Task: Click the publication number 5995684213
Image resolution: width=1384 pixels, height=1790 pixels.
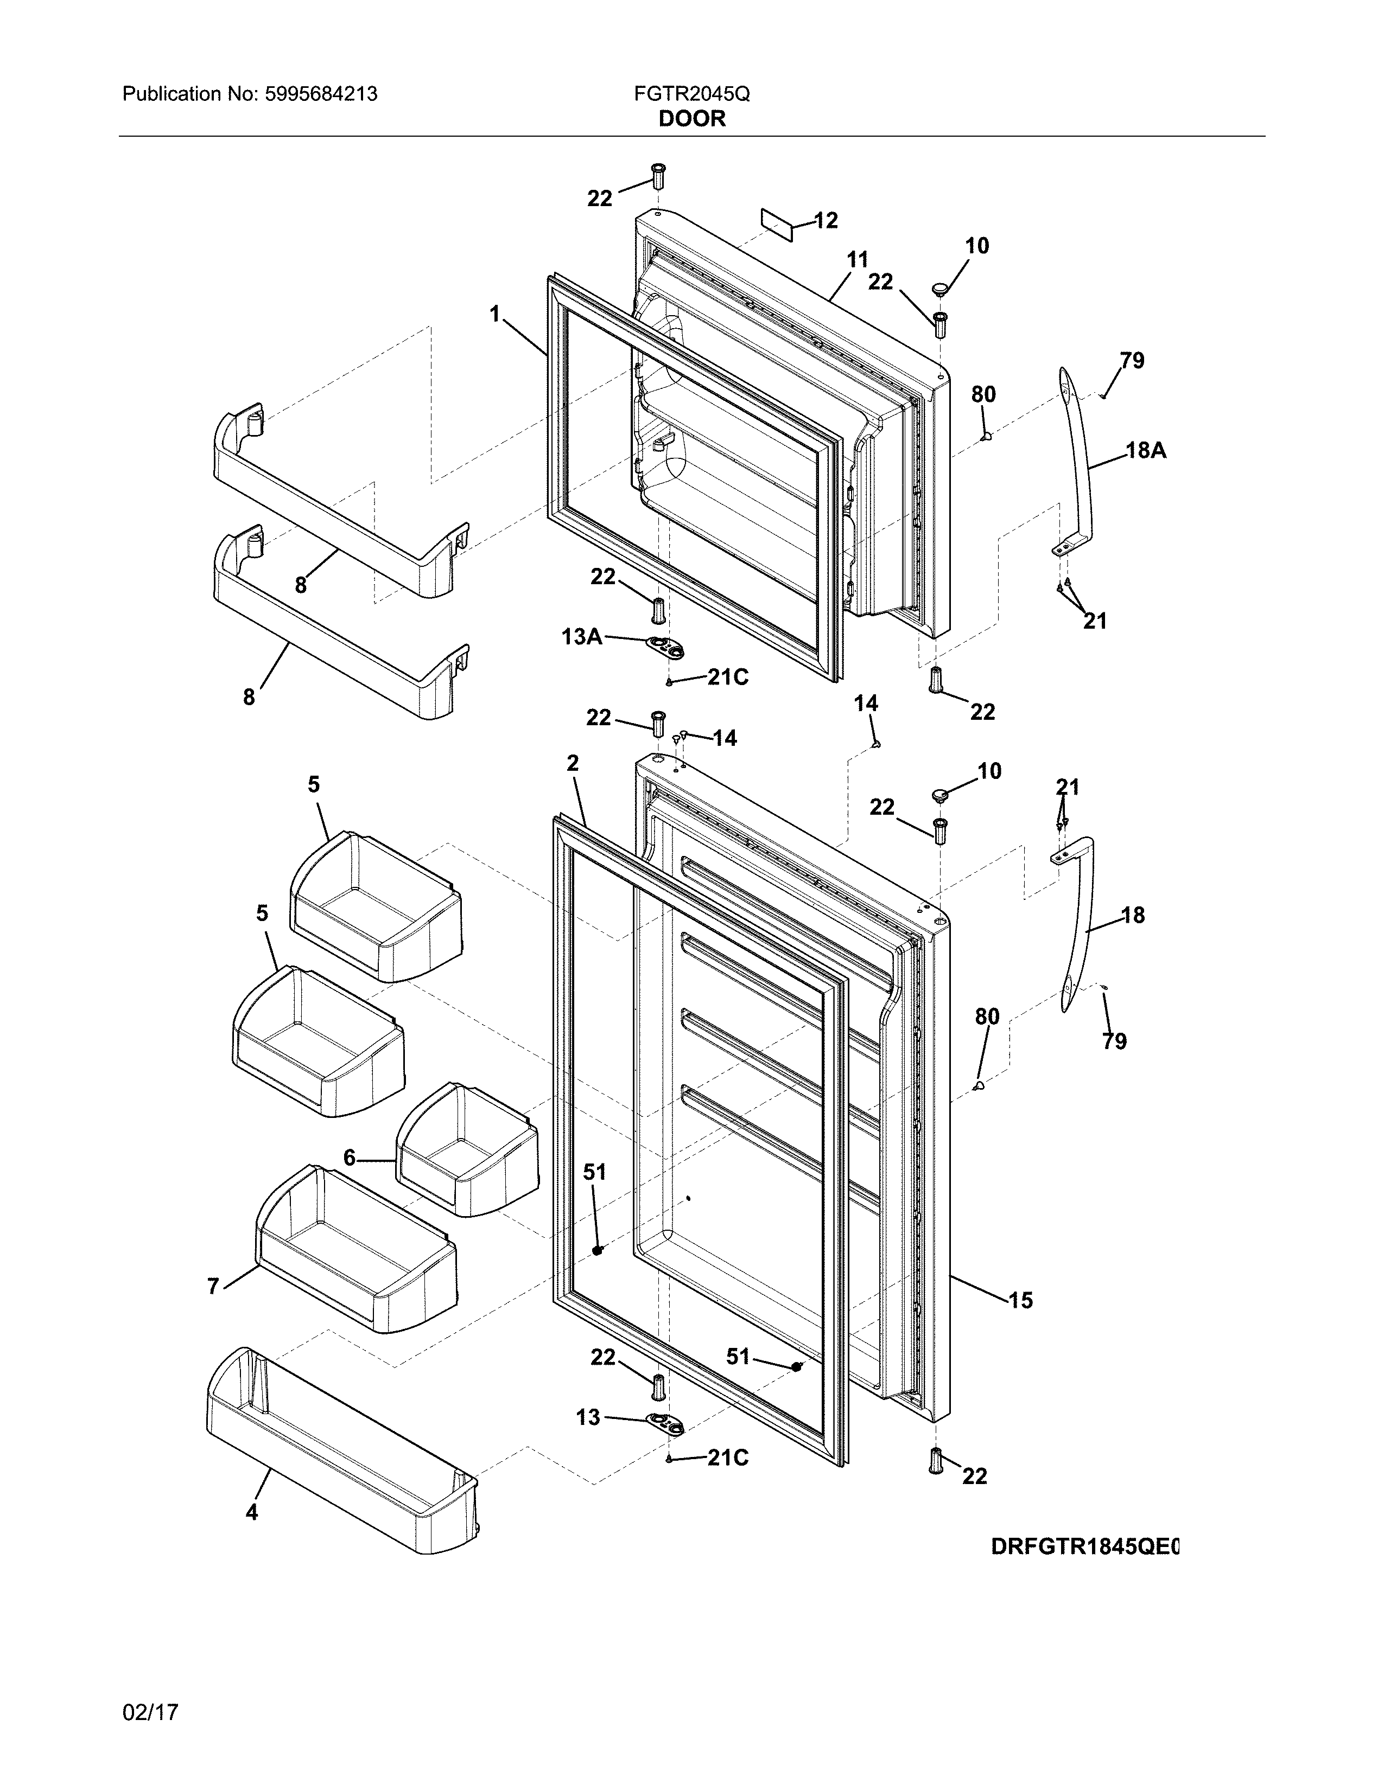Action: [x=321, y=94]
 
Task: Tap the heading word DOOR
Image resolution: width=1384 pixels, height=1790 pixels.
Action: [x=692, y=119]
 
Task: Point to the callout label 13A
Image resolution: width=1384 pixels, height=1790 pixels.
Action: [x=582, y=636]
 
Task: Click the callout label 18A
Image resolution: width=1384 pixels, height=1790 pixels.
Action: [x=1145, y=450]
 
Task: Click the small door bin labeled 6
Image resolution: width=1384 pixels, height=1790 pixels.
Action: [x=467, y=1147]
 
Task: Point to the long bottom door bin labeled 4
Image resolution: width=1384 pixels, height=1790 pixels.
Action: [x=340, y=1450]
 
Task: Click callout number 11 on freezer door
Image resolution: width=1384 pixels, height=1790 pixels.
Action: [x=857, y=260]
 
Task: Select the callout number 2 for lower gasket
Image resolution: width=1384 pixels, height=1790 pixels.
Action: [x=572, y=763]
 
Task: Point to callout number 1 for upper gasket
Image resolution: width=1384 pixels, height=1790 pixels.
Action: [x=494, y=314]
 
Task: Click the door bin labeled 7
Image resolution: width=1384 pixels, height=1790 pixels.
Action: [x=357, y=1250]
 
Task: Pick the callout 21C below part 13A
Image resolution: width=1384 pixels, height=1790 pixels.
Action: [x=728, y=678]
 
